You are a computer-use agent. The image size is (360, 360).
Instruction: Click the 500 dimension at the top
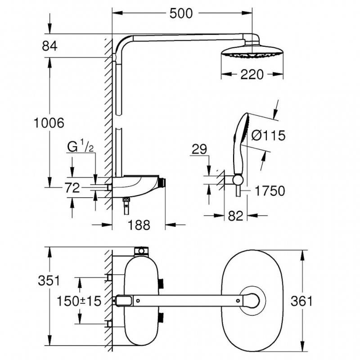click(181, 13)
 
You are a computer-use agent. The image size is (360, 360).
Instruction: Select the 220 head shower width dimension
click(252, 74)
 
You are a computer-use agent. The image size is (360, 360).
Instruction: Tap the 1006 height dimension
click(49, 123)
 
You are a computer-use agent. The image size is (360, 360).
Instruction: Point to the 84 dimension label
click(49, 46)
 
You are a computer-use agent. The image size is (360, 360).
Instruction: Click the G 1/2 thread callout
click(81, 147)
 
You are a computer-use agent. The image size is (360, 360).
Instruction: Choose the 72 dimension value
click(72, 188)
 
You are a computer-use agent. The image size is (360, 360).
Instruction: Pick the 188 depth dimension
click(139, 225)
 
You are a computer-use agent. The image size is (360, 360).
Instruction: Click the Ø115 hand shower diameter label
click(268, 135)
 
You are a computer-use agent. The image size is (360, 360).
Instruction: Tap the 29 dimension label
click(199, 149)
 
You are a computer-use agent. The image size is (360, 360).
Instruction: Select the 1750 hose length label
click(270, 191)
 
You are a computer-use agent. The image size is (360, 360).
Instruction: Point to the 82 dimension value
click(235, 216)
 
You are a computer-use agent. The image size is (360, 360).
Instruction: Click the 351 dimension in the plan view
click(49, 280)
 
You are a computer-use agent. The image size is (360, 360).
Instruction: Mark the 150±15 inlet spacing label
click(79, 301)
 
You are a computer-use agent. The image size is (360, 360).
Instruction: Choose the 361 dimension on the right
click(301, 301)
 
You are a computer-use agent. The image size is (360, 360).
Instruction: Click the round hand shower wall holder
click(238, 180)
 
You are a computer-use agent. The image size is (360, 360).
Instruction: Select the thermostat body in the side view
click(135, 186)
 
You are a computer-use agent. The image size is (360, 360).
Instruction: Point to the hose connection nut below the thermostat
click(125, 200)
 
